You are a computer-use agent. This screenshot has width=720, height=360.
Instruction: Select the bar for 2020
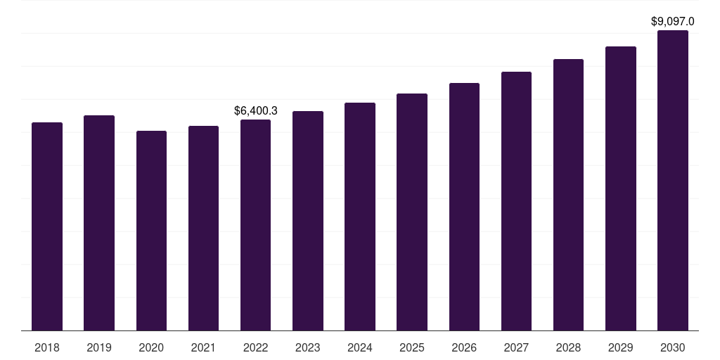click(151, 231)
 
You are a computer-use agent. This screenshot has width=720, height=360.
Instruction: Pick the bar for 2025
click(412, 212)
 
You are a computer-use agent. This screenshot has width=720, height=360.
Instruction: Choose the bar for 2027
click(516, 201)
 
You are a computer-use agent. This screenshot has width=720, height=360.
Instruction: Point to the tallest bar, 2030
click(672, 180)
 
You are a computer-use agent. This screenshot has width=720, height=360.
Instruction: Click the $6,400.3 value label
click(256, 110)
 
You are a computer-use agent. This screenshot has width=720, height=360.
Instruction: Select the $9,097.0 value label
click(673, 22)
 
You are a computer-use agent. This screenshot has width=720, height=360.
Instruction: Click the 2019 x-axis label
click(99, 347)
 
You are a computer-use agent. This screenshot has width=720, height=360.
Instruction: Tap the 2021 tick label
click(203, 347)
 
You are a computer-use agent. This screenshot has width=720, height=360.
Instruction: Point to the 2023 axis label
click(308, 347)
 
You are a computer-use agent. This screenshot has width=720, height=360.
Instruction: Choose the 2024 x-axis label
click(360, 347)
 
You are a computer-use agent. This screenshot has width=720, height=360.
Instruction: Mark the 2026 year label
click(464, 347)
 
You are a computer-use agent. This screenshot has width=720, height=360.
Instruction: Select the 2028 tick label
click(568, 347)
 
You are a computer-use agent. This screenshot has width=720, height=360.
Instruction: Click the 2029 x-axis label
click(620, 347)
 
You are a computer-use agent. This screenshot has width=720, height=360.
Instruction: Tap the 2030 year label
click(672, 347)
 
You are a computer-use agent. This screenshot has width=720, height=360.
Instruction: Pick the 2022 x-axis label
click(255, 347)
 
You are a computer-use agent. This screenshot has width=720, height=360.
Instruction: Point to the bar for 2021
click(203, 228)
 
